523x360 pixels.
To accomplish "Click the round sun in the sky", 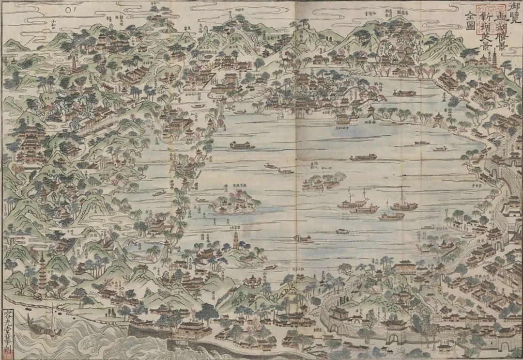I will click(68, 8).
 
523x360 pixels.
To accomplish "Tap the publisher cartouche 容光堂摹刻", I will click(7, 331).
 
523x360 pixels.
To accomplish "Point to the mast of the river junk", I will click(51, 315).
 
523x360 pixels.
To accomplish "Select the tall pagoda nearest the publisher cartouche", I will click(43, 269).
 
